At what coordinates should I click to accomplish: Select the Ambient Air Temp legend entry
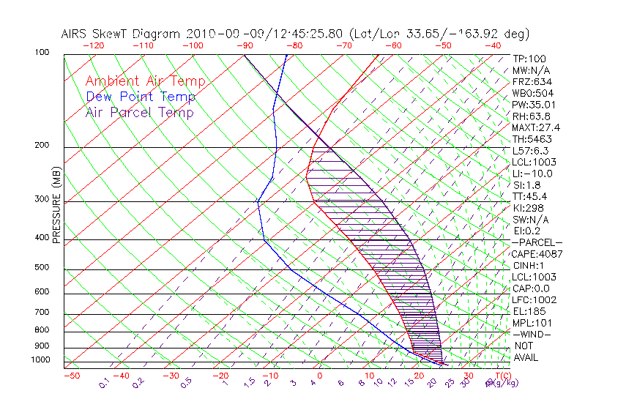pos(146,81)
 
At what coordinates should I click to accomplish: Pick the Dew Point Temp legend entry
pos(141,97)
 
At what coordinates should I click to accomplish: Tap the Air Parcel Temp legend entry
pos(140,112)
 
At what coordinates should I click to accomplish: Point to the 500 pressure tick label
pos(41,267)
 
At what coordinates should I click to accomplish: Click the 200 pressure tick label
pos(41,145)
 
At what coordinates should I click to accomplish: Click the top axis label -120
pos(94,45)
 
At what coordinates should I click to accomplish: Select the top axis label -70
pos(343,45)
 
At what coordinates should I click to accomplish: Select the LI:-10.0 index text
pos(532,174)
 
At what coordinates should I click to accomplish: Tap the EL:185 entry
pos(527,311)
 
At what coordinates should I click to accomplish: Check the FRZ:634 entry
pos(529,82)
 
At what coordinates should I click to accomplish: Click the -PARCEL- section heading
pos(537,242)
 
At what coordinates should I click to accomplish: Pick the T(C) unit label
pos(502,376)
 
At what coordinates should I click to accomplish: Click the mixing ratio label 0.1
pos(104,382)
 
